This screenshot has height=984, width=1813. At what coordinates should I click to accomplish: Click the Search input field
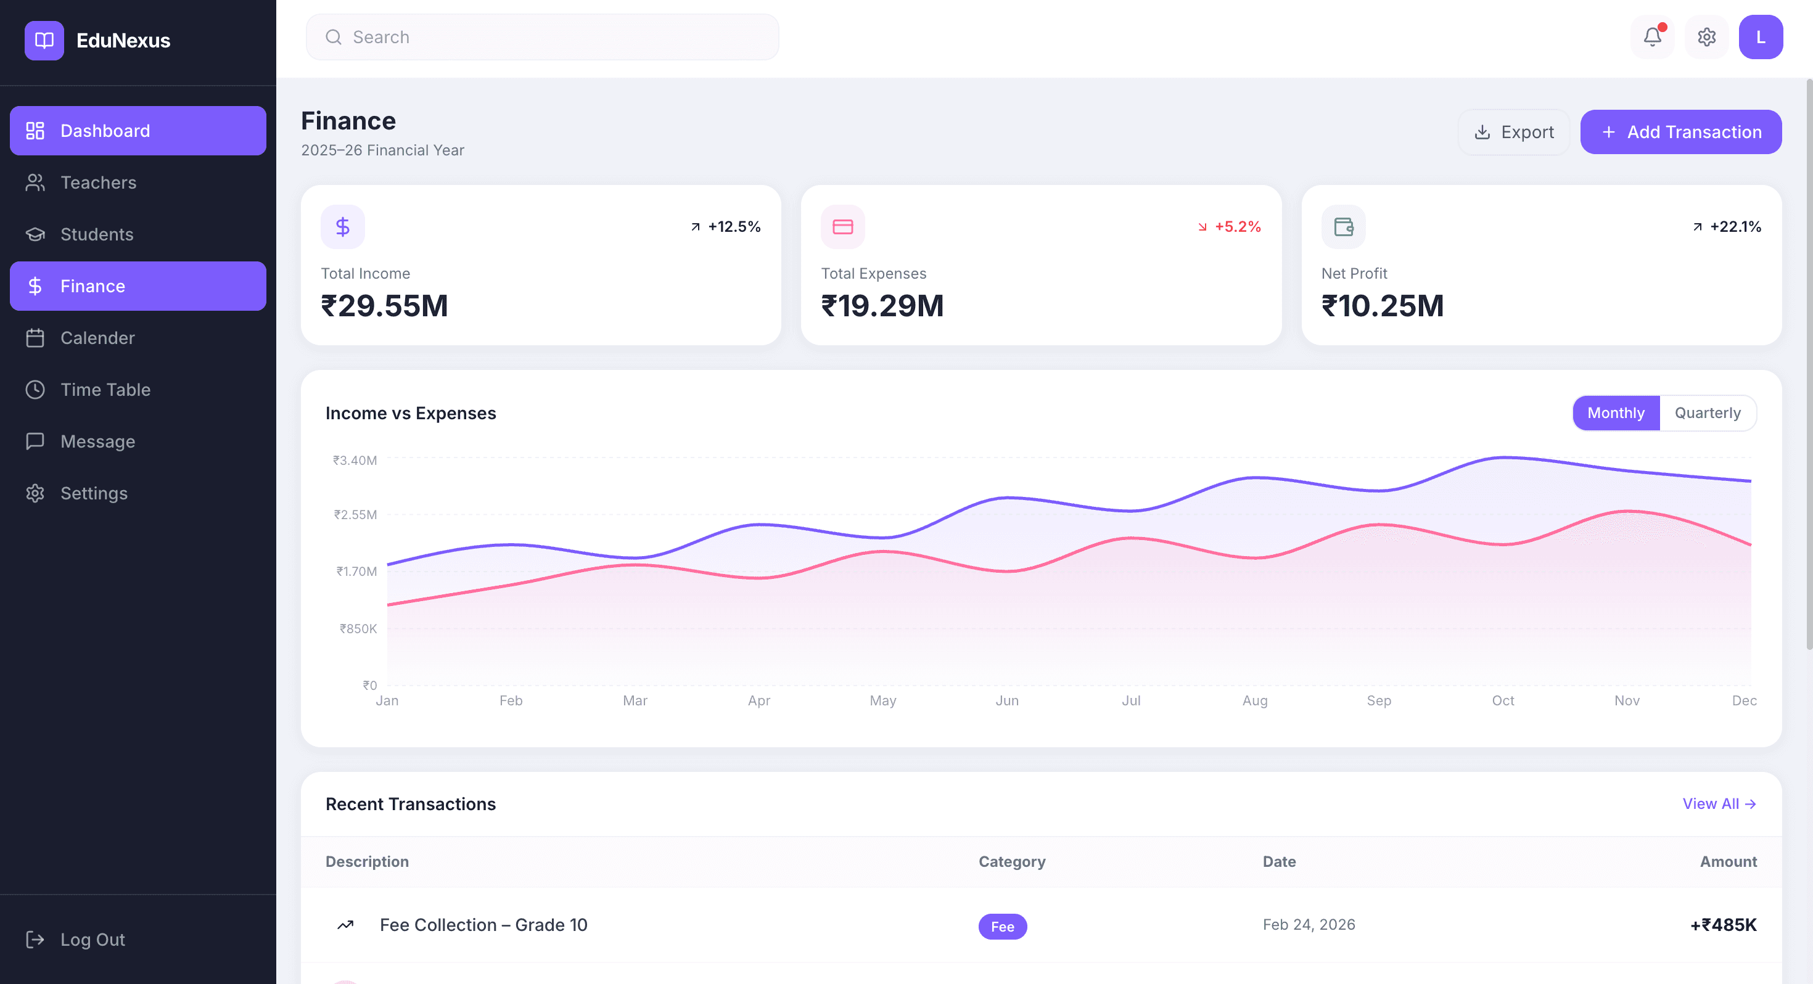click(x=542, y=38)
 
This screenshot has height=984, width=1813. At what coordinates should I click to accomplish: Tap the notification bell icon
click(x=1652, y=38)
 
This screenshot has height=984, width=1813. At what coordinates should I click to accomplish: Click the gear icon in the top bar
click(x=1706, y=38)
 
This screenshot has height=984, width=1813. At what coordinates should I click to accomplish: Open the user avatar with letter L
click(x=1760, y=38)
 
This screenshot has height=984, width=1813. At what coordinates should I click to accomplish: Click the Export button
click(x=1514, y=133)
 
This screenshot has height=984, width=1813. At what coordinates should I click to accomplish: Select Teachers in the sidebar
click(x=99, y=183)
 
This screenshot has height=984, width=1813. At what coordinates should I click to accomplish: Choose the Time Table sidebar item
click(x=105, y=390)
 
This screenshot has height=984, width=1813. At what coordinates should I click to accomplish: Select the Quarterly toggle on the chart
click(x=1708, y=413)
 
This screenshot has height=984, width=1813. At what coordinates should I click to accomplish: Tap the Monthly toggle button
click(x=1616, y=413)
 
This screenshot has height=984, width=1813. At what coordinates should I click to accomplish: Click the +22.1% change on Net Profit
click(x=1735, y=227)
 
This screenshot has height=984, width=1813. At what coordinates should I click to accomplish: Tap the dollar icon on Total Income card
click(x=343, y=227)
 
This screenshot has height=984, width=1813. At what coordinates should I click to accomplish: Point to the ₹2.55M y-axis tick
click(x=355, y=515)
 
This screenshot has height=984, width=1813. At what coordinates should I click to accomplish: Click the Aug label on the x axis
click(x=1255, y=700)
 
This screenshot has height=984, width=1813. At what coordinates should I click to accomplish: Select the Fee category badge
click(x=1002, y=926)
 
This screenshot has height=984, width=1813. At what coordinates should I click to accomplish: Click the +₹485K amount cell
click(x=1723, y=925)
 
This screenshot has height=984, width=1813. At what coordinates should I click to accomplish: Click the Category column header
click(x=1011, y=861)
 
